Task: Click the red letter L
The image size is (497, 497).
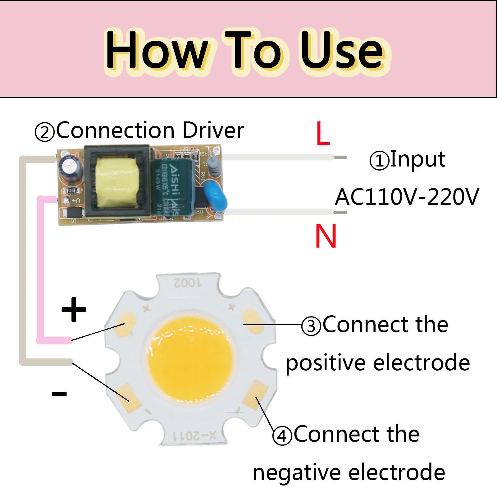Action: click(x=323, y=134)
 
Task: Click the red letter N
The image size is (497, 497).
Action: click(x=326, y=236)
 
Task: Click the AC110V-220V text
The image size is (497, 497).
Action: click(x=407, y=197)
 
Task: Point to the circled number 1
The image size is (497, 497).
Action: click(x=379, y=161)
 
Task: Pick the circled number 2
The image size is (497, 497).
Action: click(x=45, y=132)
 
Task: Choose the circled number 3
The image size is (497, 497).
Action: click(x=311, y=326)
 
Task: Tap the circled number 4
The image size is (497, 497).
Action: click(x=282, y=436)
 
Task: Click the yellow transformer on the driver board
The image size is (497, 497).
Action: click(x=116, y=182)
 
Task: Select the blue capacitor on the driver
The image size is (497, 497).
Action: click(x=215, y=196)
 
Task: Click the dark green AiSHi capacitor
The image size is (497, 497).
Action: click(x=172, y=186)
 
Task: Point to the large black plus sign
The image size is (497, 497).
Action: click(x=74, y=309)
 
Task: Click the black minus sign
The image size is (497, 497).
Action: click(x=59, y=394)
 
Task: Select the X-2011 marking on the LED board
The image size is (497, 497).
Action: click(x=194, y=436)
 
